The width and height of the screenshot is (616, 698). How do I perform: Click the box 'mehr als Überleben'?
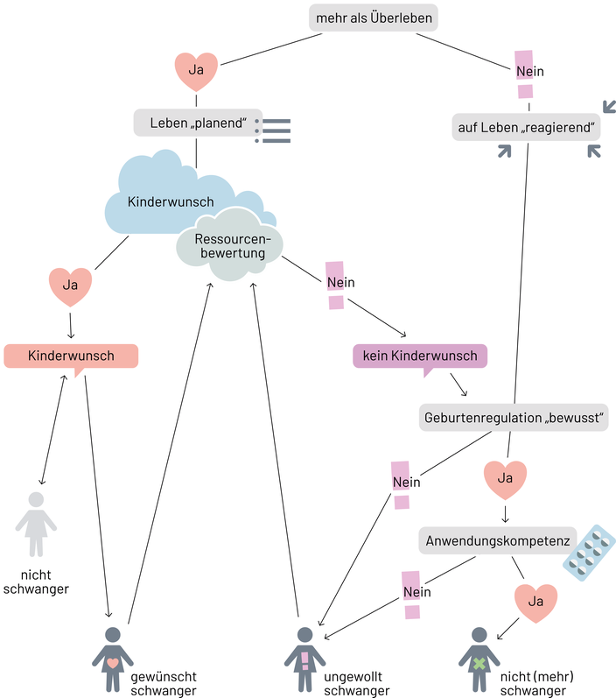click(x=374, y=18)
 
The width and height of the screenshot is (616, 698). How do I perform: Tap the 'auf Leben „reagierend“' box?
click(x=527, y=128)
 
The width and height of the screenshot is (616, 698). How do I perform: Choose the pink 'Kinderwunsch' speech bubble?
click(x=71, y=356)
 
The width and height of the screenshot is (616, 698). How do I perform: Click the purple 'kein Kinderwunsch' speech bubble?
click(x=420, y=356)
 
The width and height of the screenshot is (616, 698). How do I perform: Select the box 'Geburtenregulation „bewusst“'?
click(x=514, y=417)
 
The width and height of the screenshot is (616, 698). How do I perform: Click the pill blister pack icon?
click(x=589, y=554)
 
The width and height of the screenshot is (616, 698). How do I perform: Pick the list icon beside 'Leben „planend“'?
click(x=273, y=129)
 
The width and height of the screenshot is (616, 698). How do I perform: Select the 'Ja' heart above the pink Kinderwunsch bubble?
click(x=70, y=286)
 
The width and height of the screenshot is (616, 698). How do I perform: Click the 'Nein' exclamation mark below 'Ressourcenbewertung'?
click(x=335, y=284)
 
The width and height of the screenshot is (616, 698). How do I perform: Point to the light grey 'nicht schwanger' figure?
click(x=36, y=524)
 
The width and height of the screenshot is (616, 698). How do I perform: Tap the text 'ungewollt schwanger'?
click(x=357, y=684)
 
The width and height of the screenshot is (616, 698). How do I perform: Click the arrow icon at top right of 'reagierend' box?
click(x=607, y=106)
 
